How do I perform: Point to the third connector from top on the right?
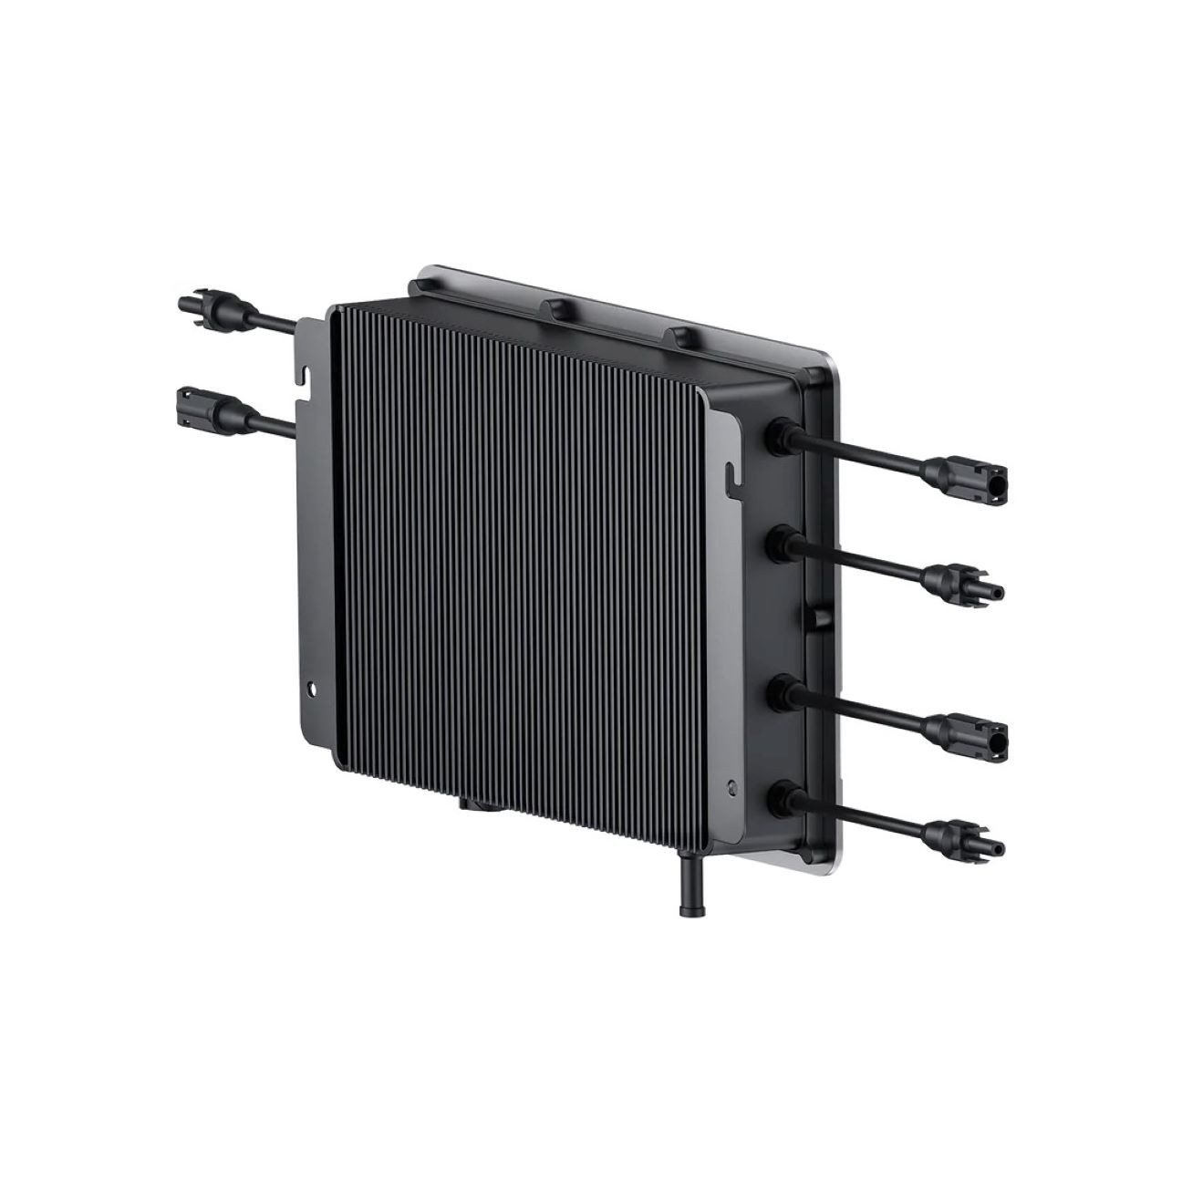tap(965, 731)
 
